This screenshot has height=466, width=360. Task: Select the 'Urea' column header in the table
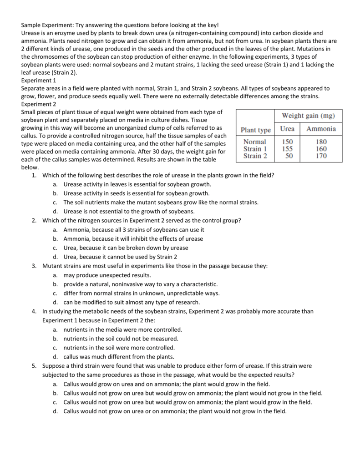coord(287,129)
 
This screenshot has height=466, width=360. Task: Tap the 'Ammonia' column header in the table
coord(321,129)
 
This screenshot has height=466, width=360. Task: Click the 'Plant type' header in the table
coord(255,130)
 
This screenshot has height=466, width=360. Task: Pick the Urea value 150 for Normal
coord(287,142)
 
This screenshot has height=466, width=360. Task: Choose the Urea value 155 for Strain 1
coord(287,149)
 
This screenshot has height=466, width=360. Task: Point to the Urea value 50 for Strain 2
coord(289,156)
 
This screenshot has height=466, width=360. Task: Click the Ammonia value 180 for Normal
coord(321,142)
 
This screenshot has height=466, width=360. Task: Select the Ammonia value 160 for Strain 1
coord(321,149)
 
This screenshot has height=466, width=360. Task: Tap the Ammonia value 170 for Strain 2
coord(321,156)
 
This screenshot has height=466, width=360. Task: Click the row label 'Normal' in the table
coord(255,142)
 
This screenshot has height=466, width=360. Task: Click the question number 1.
coord(34,175)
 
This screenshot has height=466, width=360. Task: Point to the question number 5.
coord(34,365)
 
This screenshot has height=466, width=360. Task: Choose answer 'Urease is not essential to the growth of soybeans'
coord(129,211)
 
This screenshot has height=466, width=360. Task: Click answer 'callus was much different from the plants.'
coord(119,356)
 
